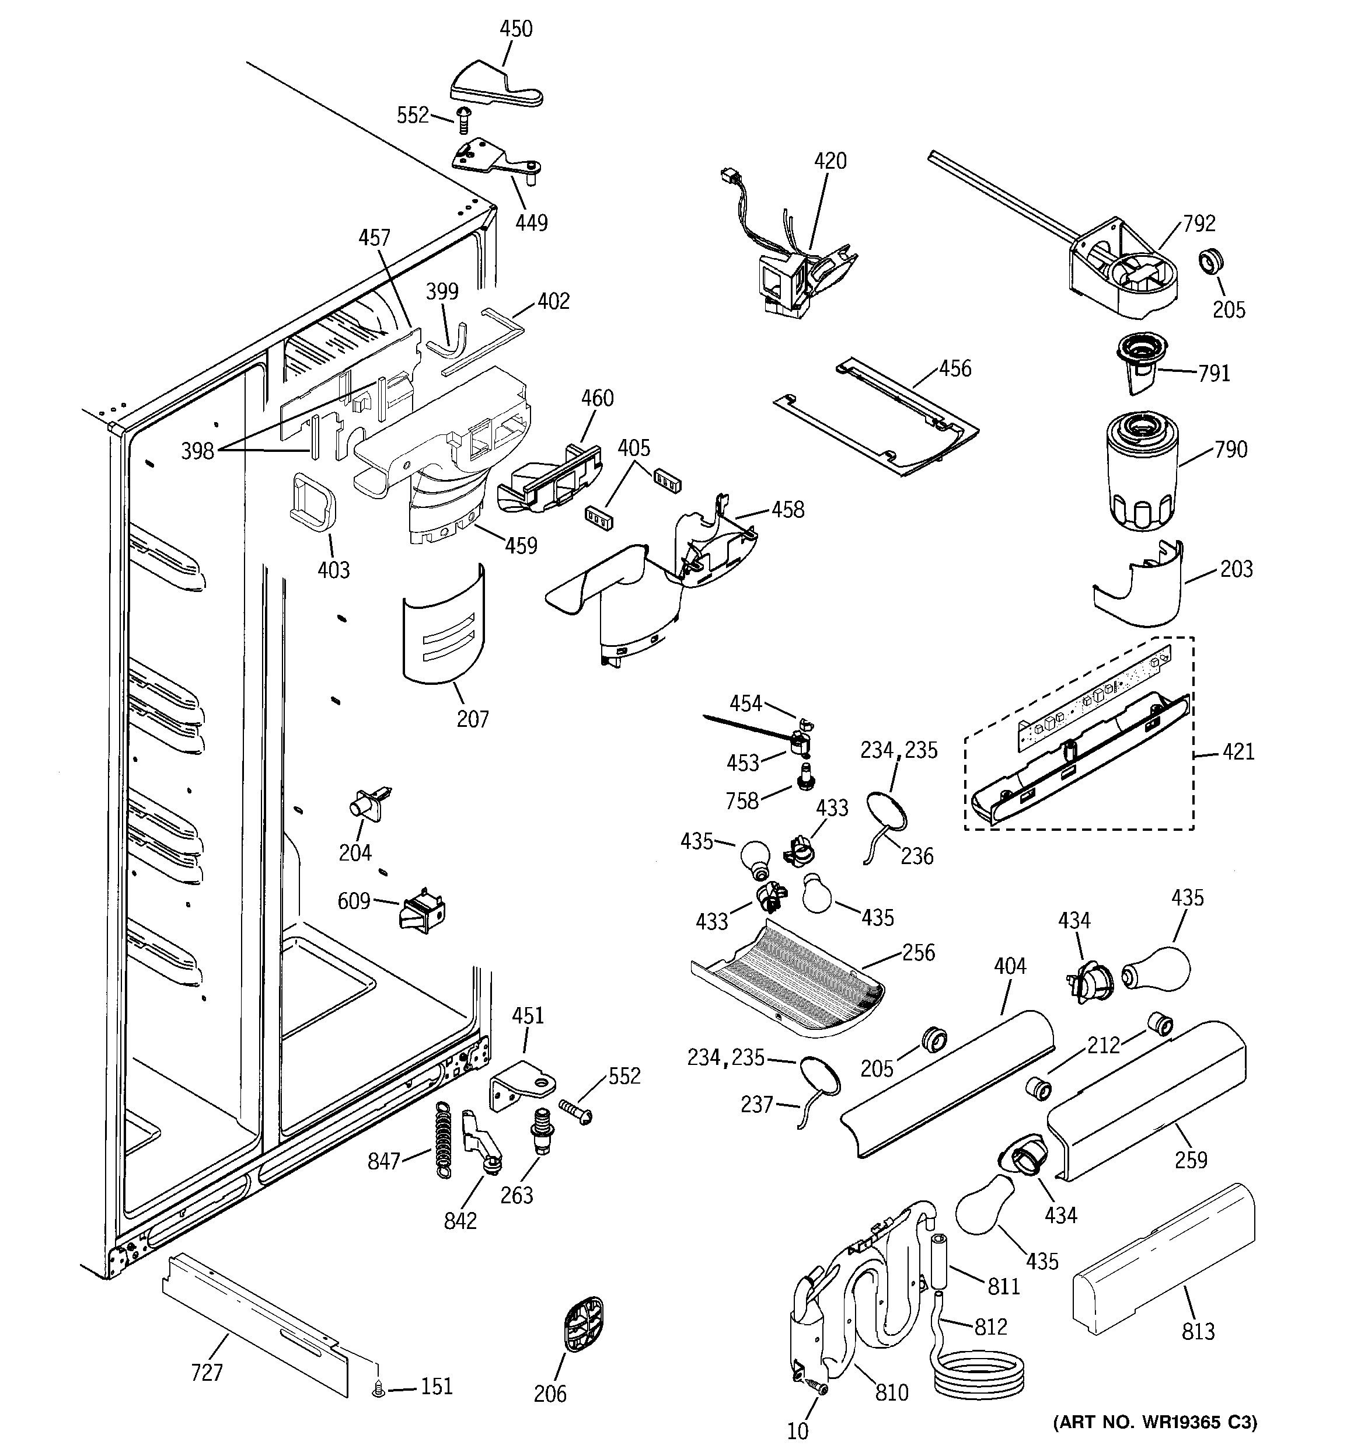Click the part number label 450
click(x=516, y=29)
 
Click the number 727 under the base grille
click(x=207, y=1373)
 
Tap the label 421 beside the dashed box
click(x=1238, y=751)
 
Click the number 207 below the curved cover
click(x=472, y=719)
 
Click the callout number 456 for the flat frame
click(x=954, y=368)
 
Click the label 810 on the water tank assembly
click(x=892, y=1392)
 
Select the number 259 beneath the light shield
click(x=1191, y=1160)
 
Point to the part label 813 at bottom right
click(x=1198, y=1331)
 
